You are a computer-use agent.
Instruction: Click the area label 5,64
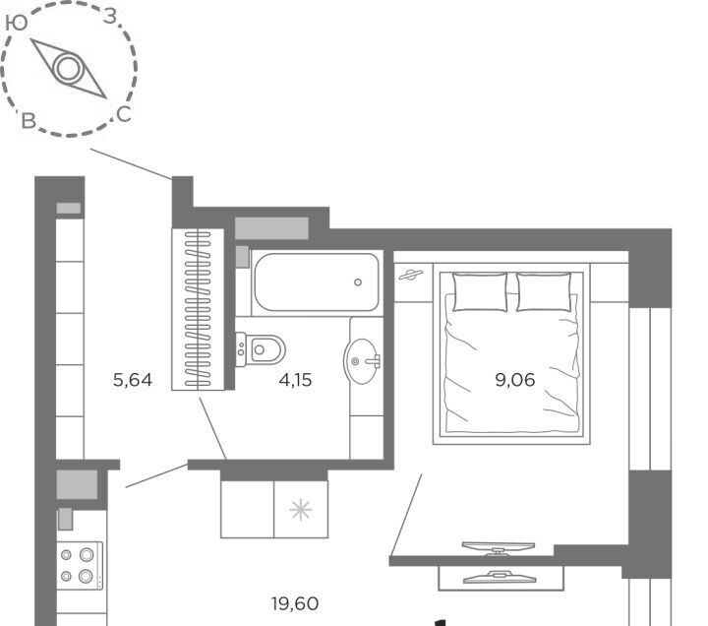point(133,380)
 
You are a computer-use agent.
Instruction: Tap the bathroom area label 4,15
point(295,380)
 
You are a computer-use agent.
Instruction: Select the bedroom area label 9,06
point(514,380)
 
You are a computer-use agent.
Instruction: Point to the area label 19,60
point(295,603)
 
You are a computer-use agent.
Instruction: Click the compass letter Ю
point(17,23)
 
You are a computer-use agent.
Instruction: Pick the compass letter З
point(110,17)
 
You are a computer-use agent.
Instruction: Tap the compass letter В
point(29,121)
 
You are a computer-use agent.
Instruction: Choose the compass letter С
point(124,114)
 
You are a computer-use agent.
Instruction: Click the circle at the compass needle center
point(68,68)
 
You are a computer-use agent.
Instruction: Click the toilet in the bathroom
point(260,349)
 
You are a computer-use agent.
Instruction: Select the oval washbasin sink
point(362,361)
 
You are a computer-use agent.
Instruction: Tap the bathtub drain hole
point(358,282)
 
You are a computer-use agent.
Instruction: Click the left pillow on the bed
point(480,292)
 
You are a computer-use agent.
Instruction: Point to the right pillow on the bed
point(544,292)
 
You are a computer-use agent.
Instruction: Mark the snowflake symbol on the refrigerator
point(300,510)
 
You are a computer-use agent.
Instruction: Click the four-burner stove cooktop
point(80,566)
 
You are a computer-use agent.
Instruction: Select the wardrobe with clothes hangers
point(198,309)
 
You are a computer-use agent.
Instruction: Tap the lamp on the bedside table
point(410,275)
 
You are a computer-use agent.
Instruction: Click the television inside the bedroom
point(498,548)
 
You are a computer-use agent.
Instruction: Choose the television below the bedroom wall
point(500,577)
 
